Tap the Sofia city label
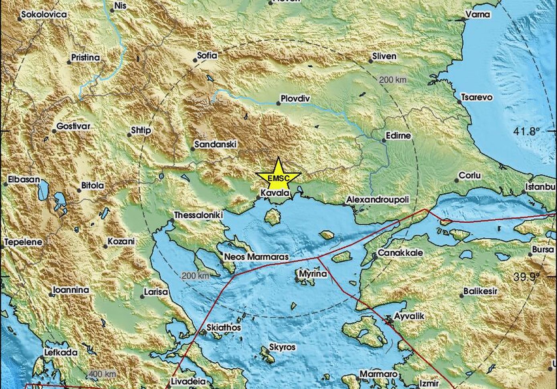click(207, 56)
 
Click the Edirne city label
click(398, 135)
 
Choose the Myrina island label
click(313, 274)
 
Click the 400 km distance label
click(102, 374)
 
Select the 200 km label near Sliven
click(393, 80)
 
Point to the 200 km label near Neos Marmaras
click(195, 276)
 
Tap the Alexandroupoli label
click(377, 199)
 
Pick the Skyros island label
click(282, 347)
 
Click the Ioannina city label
click(71, 290)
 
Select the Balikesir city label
click(480, 291)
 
